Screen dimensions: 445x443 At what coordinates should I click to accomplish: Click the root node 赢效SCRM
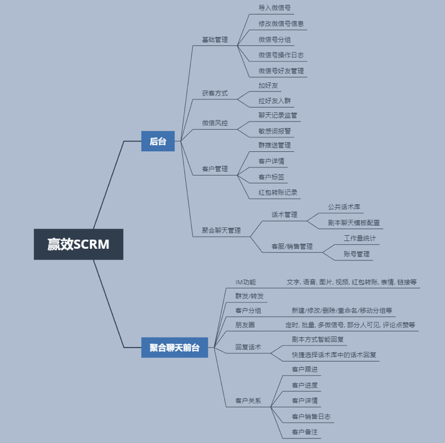click(78, 244)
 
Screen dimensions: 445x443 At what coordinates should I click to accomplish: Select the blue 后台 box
click(158, 141)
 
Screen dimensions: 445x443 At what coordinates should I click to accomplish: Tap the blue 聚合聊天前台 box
click(174, 348)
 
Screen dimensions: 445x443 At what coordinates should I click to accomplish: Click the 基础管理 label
click(215, 40)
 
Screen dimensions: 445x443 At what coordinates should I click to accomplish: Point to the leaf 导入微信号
click(274, 8)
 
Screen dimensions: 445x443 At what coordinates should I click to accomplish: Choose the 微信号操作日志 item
click(281, 55)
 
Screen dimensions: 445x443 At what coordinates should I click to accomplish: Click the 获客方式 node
click(215, 93)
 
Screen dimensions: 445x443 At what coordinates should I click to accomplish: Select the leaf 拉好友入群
click(274, 100)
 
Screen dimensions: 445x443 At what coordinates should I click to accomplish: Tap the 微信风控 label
click(215, 123)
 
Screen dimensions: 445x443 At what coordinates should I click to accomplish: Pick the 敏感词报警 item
click(274, 131)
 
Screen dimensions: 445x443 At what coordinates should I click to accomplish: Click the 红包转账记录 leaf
click(277, 192)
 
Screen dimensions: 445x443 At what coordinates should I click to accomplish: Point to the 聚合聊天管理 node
click(221, 230)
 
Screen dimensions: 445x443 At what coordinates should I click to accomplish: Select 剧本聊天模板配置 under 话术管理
click(354, 223)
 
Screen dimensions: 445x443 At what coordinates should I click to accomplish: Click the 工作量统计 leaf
click(360, 238)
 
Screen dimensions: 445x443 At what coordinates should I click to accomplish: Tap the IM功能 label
click(246, 282)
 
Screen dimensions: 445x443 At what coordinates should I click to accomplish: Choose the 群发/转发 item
click(249, 296)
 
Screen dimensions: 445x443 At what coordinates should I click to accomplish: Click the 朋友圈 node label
click(245, 324)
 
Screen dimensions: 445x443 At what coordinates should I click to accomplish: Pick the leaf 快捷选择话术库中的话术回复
click(334, 355)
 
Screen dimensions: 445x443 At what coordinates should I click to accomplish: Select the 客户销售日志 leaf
click(311, 416)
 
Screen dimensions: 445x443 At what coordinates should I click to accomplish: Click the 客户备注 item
click(304, 432)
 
